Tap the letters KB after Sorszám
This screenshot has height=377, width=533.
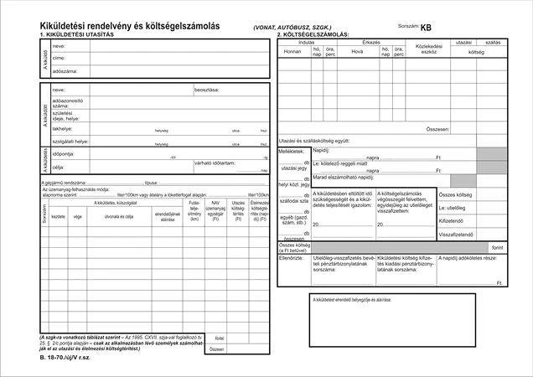point(426,27)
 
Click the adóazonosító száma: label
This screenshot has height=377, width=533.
point(66,103)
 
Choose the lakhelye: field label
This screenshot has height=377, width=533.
point(62,129)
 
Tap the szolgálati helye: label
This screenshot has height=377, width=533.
point(69,142)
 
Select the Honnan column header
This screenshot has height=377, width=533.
point(292,51)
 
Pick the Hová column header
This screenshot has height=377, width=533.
point(357,51)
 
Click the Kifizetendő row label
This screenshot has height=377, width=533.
point(453,220)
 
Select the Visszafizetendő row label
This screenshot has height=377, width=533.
point(457,235)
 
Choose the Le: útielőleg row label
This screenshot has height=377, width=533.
point(453,207)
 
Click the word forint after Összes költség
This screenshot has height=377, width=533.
point(498,248)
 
